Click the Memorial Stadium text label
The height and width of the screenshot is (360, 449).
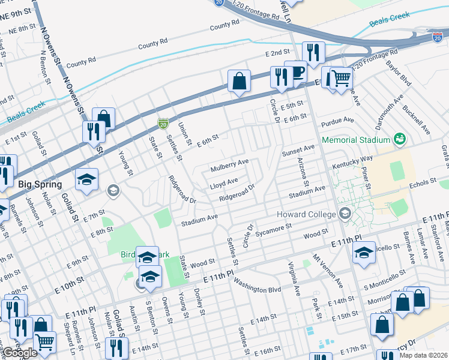tap(356, 140)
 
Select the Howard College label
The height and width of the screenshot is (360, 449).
tap(307, 214)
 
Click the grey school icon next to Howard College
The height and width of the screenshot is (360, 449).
tap(345, 214)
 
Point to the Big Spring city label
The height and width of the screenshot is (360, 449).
tap(40, 184)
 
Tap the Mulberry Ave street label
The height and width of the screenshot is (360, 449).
tap(229, 163)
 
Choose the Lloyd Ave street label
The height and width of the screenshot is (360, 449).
tap(224, 180)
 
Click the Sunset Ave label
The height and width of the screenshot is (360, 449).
tap(298, 148)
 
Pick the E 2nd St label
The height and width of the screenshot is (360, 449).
tap(278, 53)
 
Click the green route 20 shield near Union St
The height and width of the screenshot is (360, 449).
tap(163, 124)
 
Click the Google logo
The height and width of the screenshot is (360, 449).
tap(20, 353)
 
